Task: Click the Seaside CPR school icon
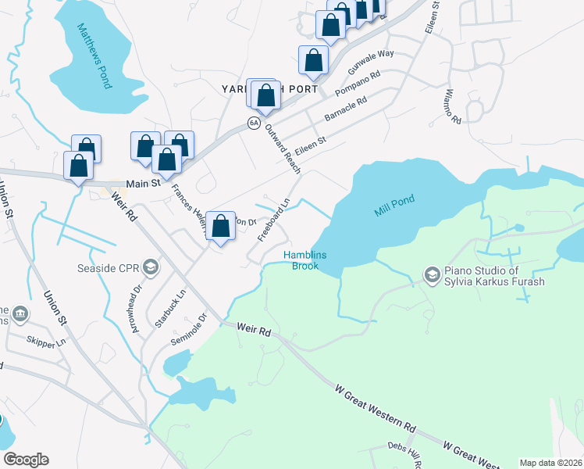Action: tap(151, 267)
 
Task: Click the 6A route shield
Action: tap(254, 123)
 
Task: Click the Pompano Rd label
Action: tap(357, 84)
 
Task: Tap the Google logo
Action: tap(26, 460)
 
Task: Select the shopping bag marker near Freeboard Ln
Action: tap(221, 227)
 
